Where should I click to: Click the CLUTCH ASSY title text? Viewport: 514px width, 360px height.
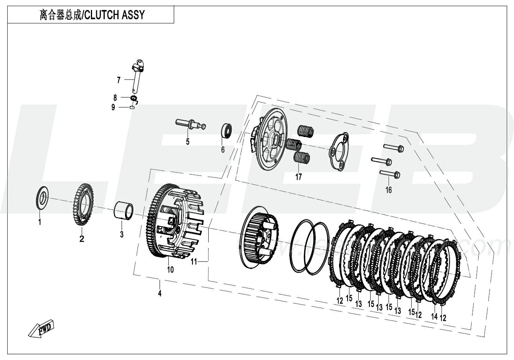(x=92, y=15)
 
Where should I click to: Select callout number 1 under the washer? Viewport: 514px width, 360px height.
(x=40, y=222)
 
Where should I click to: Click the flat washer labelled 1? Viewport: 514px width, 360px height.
(x=42, y=198)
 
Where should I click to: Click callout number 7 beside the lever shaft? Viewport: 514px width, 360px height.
(x=119, y=80)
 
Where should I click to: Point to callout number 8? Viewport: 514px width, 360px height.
(x=115, y=98)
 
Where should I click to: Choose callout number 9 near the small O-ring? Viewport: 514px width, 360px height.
(x=113, y=108)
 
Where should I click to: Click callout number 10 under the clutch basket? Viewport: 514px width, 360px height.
(x=170, y=269)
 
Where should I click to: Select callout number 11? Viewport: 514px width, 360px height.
(x=194, y=262)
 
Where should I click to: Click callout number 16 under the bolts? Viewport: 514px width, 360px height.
(x=389, y=190)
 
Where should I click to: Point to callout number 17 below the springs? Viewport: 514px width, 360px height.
(x=298, y=177)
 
